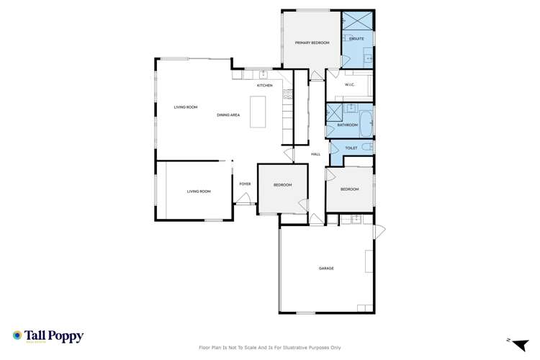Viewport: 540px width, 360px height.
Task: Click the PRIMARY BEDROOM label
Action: point(312,43)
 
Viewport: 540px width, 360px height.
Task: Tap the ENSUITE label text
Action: point(357,38)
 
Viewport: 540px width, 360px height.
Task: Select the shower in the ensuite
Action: point(357,20)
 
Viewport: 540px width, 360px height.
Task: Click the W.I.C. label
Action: point(350,85)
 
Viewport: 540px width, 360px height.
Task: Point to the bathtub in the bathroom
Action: point(366,124)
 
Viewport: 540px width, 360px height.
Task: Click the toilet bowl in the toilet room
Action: point(366,148)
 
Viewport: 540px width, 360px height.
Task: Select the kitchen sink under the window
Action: point(263,73)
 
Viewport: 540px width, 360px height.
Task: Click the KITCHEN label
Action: point(265,86)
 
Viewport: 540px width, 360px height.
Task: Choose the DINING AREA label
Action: point(228,115)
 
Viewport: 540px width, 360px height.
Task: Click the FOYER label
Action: point(245,184)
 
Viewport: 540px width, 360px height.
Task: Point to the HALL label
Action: point(315,154)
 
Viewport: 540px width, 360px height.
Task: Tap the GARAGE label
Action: point(326,268)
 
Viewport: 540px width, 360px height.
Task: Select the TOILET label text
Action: point(351,148)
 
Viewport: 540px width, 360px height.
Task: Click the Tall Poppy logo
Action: point(48,336)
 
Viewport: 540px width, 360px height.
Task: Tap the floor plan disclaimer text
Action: point(270,347)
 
